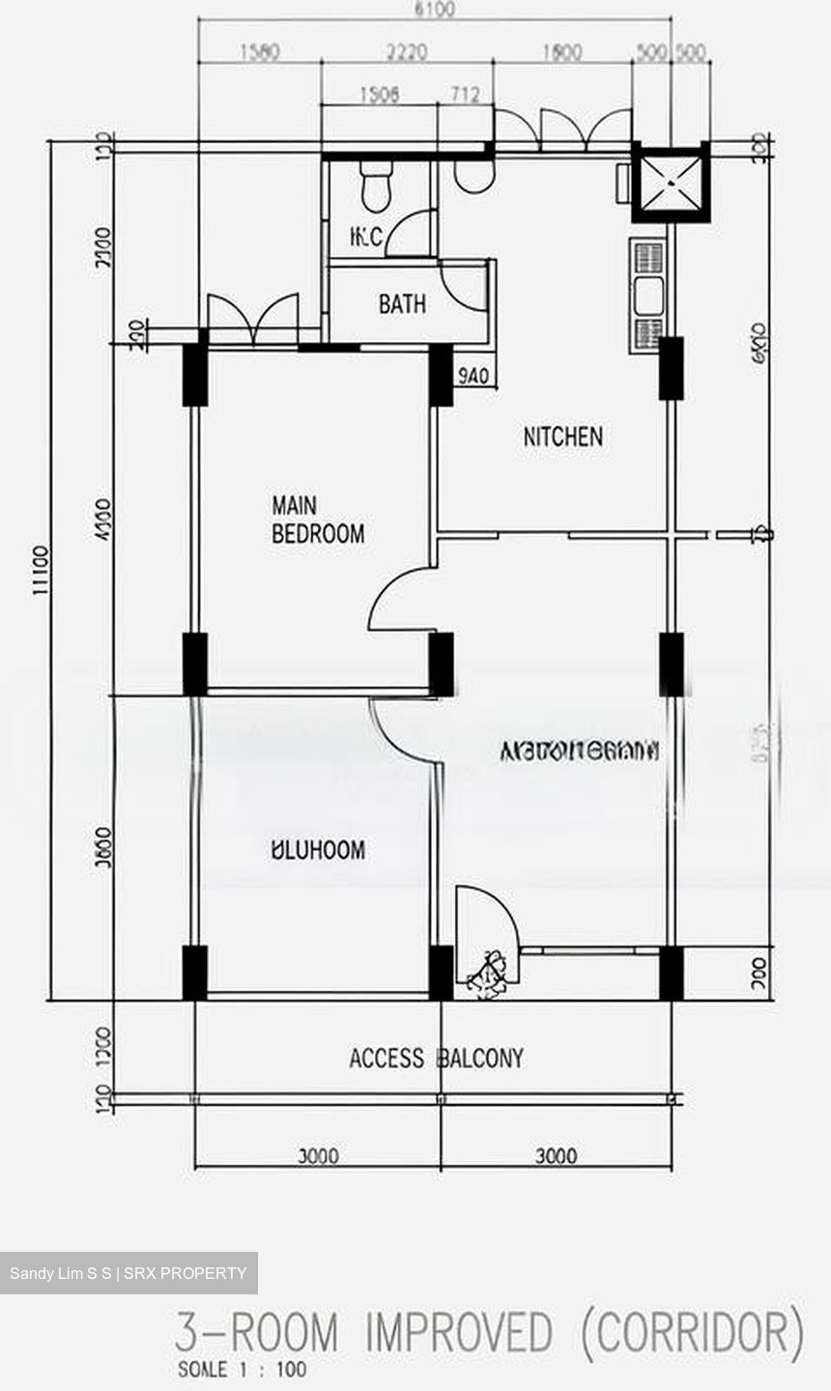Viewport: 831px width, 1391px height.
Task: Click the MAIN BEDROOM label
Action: [x=317, y=520]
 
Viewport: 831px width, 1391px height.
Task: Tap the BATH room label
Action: [x=402, y=305]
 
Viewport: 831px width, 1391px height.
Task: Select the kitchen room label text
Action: [x=562, y=437]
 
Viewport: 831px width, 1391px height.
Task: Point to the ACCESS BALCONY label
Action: [x=436, y=1059]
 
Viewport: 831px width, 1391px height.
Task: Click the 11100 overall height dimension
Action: [x=41, y=570]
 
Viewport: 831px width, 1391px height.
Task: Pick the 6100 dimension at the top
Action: [x=434, y=11]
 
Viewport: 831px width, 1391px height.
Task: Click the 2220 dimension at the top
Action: [x=406, y=52]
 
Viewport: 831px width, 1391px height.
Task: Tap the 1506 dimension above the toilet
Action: [x=379, y=94]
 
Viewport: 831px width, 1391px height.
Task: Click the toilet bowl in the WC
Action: [x=376, y=185]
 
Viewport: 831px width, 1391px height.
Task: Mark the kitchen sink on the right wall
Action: [x=647, y=296]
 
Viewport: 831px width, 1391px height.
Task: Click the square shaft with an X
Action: [x=671, y=184]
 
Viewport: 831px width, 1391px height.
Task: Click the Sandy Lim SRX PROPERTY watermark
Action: [x=129, y=1273]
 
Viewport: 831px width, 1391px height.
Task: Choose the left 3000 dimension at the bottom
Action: [x=317, y=1156]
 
